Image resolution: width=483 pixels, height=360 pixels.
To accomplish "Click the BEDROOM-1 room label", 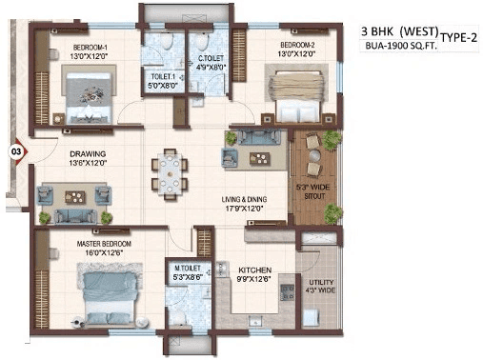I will pyautogui.click(x=88, y=45).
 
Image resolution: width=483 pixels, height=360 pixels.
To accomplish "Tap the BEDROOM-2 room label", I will pyautogui.click(x=296, y=45).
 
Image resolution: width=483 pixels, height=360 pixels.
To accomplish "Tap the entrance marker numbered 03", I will pyautogui.click(x=16, y=150).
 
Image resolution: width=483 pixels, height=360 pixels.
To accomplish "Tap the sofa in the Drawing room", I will pyautogui.click(x=72, y=197).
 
